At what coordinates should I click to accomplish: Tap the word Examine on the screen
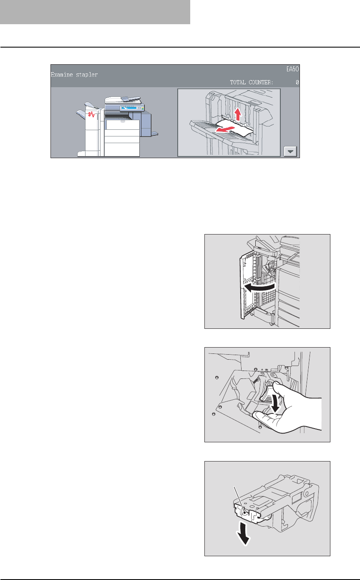(60, 75)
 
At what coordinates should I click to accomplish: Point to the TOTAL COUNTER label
(252, 83)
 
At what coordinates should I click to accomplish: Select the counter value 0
(297, 83)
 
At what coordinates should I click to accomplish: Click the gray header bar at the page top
(95, 12)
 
